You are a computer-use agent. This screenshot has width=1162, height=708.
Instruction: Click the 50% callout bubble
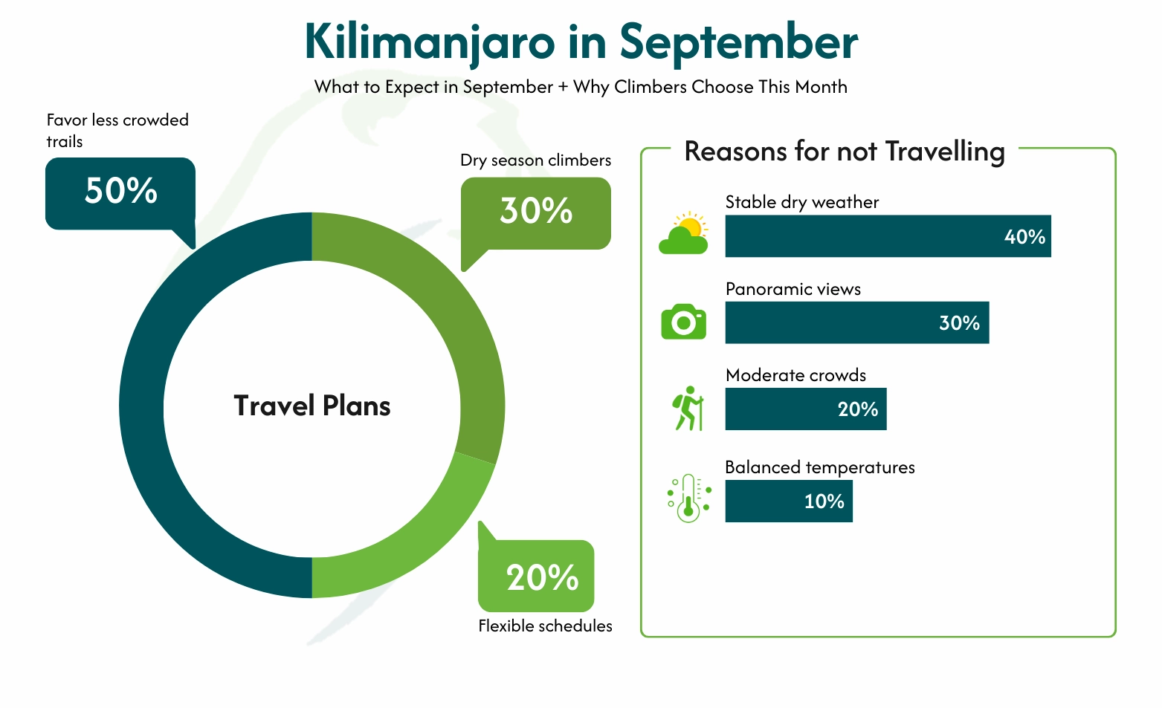(120, 192)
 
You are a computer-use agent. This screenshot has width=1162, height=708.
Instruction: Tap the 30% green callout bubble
(536, 212)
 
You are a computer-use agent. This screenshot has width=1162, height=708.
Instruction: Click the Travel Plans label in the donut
(312, 406)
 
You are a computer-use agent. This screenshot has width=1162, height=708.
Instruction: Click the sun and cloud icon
(684, 233)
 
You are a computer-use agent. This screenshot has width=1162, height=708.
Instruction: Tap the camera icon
(683, 322)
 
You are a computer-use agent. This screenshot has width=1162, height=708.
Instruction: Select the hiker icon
(688, 408)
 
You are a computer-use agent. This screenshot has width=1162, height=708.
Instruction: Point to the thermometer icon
(688, 498)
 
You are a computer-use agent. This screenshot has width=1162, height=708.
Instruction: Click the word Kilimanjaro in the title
(430, 42)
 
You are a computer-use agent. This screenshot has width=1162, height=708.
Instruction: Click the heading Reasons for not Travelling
(845, 152)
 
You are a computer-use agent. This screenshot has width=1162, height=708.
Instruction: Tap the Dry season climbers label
(535, 160)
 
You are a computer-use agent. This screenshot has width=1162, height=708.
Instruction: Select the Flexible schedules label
(545, 626)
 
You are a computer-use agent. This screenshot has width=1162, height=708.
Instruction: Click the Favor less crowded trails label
(117, 130)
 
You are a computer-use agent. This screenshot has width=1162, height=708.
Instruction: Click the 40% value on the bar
(1024, 237)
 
